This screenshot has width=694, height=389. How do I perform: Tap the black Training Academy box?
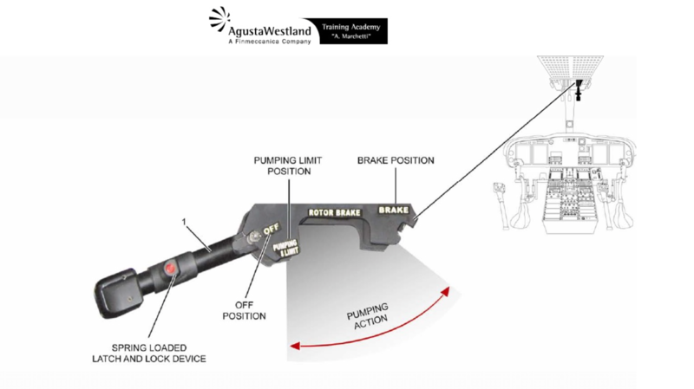point(354,31)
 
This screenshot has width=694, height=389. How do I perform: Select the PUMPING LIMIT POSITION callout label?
point(282,165)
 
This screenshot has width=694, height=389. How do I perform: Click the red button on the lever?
point(172,269)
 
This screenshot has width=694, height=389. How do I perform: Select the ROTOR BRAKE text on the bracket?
point(333,211)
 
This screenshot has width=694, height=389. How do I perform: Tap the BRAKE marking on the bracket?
point(392,209)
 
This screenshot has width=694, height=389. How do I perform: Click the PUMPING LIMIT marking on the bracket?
point(285,248)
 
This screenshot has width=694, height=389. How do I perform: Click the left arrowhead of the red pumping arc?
point(292,346)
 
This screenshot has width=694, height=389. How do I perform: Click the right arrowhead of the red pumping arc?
point(448,290)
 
